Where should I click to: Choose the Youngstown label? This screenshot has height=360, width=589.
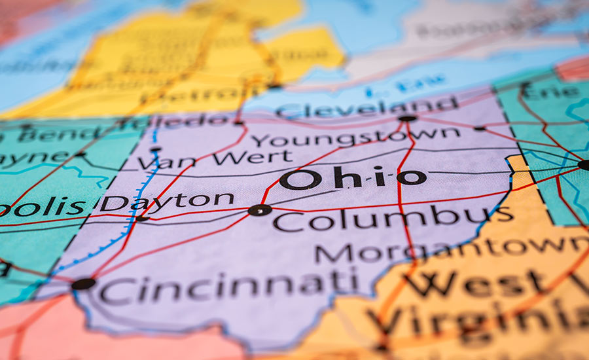pos(356,137)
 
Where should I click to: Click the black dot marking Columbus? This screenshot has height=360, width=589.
pos(260,210)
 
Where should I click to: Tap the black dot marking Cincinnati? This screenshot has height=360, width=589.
pos(83,283)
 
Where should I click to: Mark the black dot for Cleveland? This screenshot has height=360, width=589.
pos(407,118)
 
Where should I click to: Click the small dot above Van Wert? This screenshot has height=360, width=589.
pos(155,149)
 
